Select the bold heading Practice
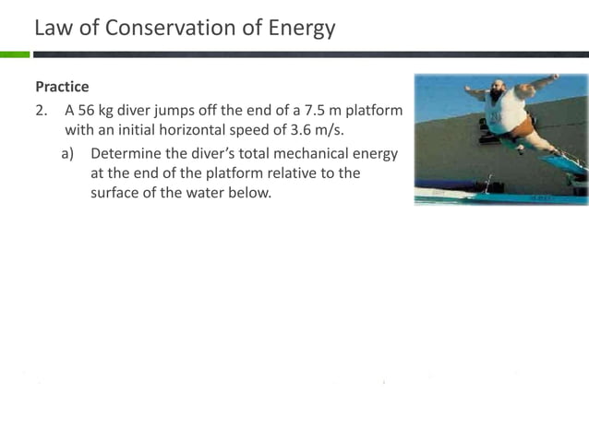click(x=62, y=87)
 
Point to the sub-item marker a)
click(x=67, y=153)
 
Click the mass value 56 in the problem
click(x=87, y=111)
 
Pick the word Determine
click(x=127, y=153)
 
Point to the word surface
click(x=116, y=193)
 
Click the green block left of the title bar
click(x=15, y=54)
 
